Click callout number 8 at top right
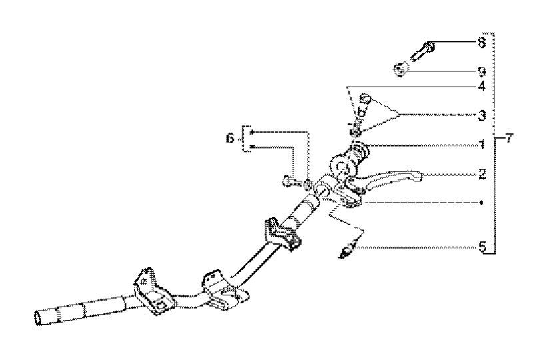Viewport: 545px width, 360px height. click(x=482, y=42)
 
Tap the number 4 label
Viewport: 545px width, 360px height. click(x=482, y=87)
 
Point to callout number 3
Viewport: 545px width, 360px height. click(x=482, y=115)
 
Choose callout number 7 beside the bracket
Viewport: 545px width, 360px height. click(x=509, y=139)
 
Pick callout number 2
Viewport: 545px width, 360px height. click(x=482, y=175)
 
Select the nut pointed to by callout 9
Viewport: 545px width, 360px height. click(x=401, y=68)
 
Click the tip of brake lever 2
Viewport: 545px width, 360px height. click(x=415, y=175)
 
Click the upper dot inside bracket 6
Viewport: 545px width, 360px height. click(x=251, y=133)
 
